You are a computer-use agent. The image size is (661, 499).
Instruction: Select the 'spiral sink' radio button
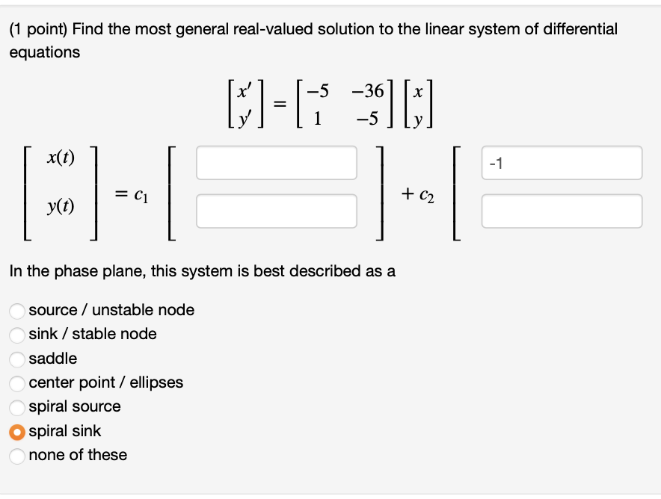(17, 432)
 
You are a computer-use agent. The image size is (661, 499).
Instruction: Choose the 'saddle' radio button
(17, 359)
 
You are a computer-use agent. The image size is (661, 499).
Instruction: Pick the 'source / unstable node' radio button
(17, 311)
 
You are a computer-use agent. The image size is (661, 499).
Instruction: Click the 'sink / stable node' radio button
(17, 335)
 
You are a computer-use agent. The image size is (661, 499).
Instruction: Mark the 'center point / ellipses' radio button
(17, 383)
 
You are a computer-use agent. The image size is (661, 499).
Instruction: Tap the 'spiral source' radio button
(17, 407)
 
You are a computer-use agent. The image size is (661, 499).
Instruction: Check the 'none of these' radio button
(17, 456)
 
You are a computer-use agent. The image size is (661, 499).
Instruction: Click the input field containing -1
(562, 163)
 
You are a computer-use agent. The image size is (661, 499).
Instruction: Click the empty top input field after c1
(276, 163)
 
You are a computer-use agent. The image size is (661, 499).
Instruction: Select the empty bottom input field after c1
(276, 211)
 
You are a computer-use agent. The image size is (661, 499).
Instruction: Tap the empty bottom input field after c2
(562, 211)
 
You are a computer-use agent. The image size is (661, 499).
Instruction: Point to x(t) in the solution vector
(60, 158)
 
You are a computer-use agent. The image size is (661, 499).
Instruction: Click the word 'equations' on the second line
(44, 52)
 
